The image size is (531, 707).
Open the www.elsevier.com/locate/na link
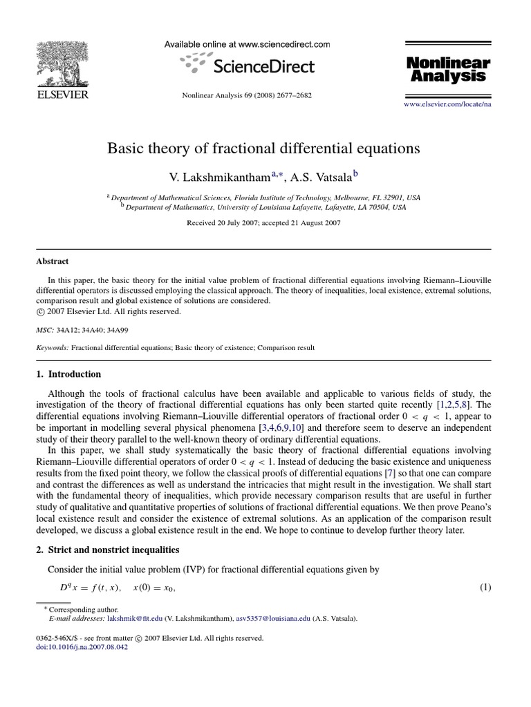(447, 103)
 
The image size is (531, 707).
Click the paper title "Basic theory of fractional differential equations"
(263, 148)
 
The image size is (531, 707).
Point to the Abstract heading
(52, 262)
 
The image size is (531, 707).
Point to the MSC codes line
(77, 331)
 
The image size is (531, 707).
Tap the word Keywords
(52, 348)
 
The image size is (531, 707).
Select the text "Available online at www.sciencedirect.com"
(247, 44)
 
